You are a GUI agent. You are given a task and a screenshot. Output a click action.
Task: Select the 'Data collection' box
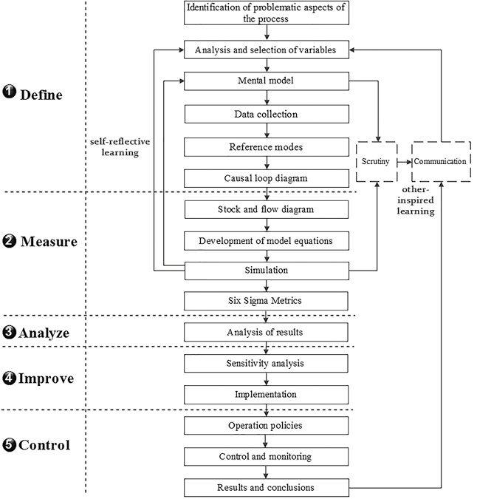click(265, 115)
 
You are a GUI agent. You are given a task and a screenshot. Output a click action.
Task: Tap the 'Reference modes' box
click(265, 146)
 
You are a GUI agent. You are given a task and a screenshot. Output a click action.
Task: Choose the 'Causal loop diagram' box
click(265, 178)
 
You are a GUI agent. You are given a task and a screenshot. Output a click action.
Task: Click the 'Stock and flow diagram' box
click(265, 209)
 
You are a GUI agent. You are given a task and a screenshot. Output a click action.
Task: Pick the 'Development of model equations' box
click(265, 241)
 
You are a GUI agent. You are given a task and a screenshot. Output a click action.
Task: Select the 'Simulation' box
click(265, 271)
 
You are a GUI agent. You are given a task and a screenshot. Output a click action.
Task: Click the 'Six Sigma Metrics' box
click(265, 301)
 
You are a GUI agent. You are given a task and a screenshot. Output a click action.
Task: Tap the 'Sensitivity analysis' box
click(265, 364)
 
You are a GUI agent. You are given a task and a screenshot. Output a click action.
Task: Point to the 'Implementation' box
click(265, 395)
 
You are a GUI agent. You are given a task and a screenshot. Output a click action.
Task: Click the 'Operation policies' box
click(265, 427)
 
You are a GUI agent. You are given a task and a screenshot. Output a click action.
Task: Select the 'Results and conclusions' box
click(265, 487)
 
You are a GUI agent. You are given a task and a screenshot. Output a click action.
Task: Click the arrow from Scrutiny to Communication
click(404, 160)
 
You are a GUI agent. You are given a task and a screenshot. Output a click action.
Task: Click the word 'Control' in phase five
click(45, 446)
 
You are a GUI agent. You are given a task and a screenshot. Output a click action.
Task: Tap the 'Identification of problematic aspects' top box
click(265, 13)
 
